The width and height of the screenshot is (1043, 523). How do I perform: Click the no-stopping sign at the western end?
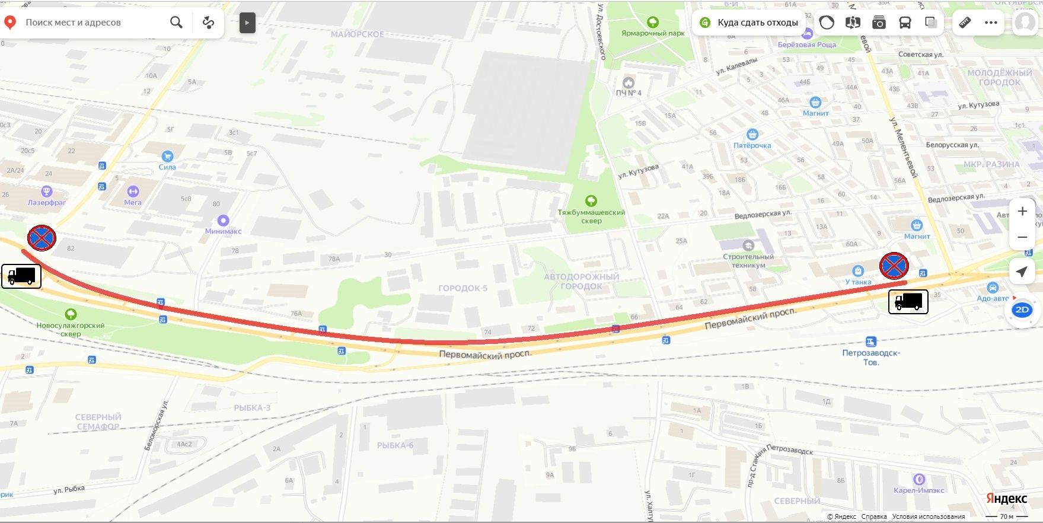(42, 238)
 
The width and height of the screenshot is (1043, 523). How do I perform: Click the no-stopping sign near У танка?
(894, 266)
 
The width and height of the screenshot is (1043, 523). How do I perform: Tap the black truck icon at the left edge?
(21, 276)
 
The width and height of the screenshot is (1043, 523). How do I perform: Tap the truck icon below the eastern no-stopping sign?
(908, 301)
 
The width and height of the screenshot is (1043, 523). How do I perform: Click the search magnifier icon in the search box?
(176, 23)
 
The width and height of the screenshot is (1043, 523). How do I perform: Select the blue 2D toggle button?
(1022, 310)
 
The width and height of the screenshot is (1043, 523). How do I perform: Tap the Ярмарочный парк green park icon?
(653, 23)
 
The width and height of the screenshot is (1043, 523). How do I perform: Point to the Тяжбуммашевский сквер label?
(591, 216)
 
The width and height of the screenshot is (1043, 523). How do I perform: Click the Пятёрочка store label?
(752, 145)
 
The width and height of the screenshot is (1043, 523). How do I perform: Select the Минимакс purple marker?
(223, 220)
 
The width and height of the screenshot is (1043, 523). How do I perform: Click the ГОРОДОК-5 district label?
(463, 288)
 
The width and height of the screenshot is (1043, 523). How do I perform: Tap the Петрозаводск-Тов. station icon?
(870, 342)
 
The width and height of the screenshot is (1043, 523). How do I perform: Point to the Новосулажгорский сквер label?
(71, 329)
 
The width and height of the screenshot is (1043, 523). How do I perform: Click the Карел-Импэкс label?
(918, 490)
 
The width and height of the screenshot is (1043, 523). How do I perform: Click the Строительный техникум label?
(748, 260)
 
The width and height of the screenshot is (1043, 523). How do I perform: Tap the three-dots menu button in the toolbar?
(991, 23)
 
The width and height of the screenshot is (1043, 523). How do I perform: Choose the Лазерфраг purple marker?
(46, 192)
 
